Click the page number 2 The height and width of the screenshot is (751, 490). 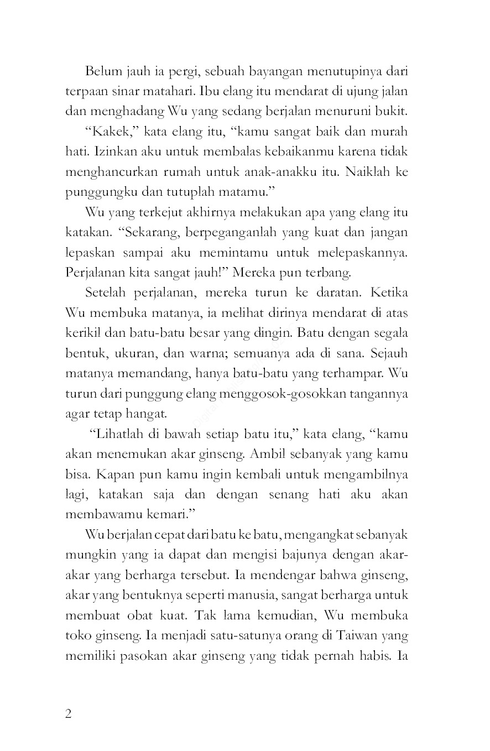(x=69, y=713)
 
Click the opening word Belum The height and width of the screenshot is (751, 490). (x=102, y=71)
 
